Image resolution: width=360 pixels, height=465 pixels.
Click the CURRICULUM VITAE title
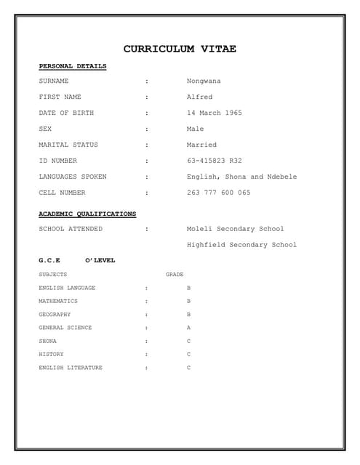(180, 49)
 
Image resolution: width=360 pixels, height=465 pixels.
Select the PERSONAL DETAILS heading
(72, 66)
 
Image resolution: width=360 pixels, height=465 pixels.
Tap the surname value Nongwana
(204, 81)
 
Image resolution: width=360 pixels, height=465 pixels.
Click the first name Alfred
(199, 97)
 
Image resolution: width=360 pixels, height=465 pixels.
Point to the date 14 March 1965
(214, 113)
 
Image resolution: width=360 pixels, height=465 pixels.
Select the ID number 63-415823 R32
(214, 161)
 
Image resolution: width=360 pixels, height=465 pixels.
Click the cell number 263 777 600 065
(218, 193)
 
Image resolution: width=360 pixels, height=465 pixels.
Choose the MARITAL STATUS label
(68, 145)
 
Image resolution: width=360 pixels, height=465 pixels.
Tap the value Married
(201, 145)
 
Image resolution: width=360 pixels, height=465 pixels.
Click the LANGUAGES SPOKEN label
(72, 177)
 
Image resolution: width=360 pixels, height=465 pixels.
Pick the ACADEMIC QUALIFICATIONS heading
(87, 214)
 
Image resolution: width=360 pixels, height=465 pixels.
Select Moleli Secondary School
(235, 229)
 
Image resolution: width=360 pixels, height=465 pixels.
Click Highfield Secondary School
(241, 245)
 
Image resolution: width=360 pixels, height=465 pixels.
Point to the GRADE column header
(175, 275)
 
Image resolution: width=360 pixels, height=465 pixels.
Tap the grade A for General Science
(188, 328)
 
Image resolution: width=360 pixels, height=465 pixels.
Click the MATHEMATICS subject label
(58, 301)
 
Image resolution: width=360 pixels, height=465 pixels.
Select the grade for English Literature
(188, 368)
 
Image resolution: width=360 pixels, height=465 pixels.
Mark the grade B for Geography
(188, 315)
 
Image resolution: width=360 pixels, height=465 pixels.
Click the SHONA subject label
(47, 341)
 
